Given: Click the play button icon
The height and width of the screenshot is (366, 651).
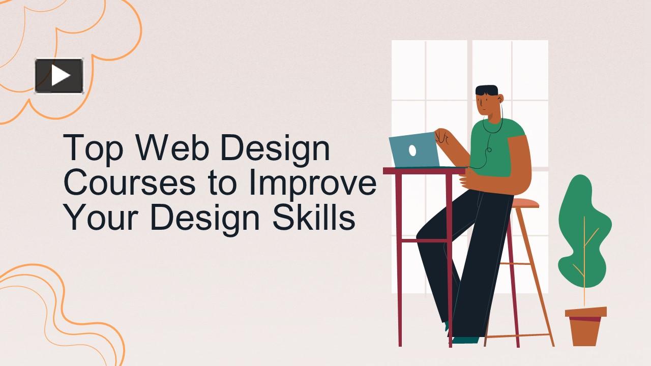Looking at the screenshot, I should [59, 76].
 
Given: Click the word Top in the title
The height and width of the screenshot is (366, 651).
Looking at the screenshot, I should [93, 149].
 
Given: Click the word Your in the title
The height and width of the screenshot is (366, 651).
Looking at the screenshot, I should [102, 218].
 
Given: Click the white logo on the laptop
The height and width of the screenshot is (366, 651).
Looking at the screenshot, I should [412, 150].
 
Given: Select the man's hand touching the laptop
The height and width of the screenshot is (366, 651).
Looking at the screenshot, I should [441, 136].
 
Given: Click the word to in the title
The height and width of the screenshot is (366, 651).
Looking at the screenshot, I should [222, 184].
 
